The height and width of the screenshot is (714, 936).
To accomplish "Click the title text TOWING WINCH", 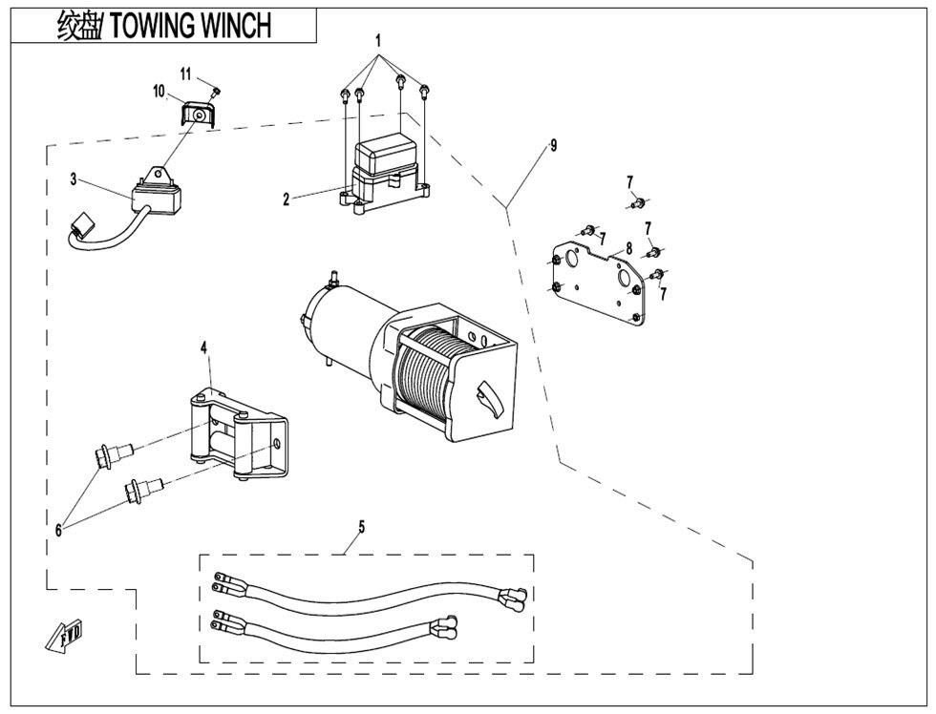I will [x=191, y=26].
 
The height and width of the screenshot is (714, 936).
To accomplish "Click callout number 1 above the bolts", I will [x=378, y=41].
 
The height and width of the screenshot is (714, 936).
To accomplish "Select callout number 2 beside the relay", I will [x=286, y=199].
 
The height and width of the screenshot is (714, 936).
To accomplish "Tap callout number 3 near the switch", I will [x=73, y=178].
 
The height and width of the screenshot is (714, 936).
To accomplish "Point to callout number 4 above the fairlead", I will [x=203, y=348].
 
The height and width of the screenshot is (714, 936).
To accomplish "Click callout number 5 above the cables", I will [x=361, y=525].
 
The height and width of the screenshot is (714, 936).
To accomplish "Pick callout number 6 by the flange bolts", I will [x=58, y=530].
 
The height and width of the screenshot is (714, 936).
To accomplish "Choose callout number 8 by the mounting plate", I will [x=628, y=248].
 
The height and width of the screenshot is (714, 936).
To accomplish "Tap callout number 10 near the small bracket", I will [x=160, y=92].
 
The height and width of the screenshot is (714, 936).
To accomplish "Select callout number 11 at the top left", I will [x=186, y=73].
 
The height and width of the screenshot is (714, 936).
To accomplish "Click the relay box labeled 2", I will [x=386, y=172].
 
